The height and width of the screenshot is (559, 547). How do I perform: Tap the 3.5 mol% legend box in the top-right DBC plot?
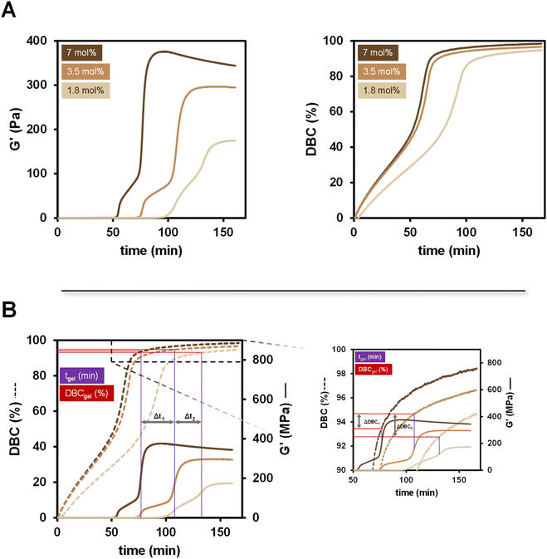tap(380, 71)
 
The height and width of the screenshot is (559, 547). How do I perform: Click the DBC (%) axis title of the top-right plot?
tap(311, 129)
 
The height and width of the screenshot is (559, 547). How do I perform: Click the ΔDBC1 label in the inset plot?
tap(369, 422)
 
